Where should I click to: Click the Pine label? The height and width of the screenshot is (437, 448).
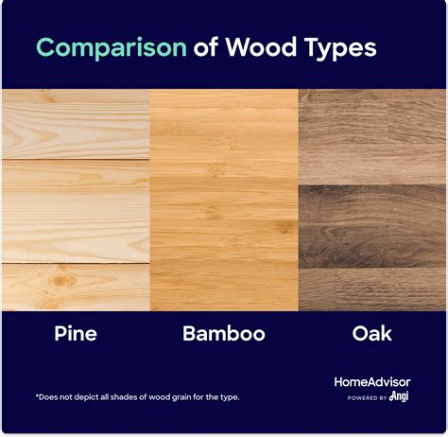coord(76,333)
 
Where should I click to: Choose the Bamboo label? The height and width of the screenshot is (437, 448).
coord(224,333)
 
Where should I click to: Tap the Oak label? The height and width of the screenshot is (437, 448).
coord(372,333)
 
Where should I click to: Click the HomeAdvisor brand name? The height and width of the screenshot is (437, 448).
coord(372,382)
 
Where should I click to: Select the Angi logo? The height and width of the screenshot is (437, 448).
coord(398,398)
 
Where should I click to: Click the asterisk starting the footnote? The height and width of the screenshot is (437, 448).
coord(38,396)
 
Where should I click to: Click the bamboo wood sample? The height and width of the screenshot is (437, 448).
coord(224,199)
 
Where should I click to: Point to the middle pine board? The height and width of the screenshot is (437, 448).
coord(76,210)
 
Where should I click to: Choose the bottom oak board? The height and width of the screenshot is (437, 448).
coord(372,288)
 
